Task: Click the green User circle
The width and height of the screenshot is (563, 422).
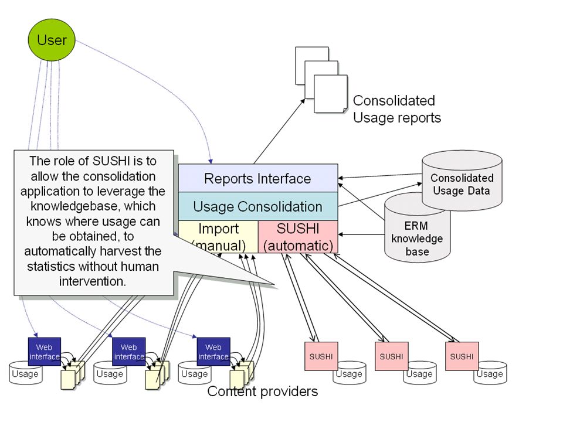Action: (x=52, y=40)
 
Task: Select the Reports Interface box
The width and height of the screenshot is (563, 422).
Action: (x=258, y=178)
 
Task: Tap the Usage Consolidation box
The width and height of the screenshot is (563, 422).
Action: (x=258, y=206)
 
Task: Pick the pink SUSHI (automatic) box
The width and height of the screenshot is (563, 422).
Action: (x=298, y=237)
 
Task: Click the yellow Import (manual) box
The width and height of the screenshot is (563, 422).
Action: (x=218, y=237)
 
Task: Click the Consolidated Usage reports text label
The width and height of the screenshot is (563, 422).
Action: (x=397, y=109)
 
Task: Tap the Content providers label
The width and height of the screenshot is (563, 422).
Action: (x=263, y=391)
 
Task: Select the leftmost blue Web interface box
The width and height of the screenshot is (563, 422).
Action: (x=45, y=352)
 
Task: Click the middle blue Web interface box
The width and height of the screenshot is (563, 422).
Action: (x=129, y=352)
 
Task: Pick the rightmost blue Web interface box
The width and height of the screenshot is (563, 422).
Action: (x=213, y=352)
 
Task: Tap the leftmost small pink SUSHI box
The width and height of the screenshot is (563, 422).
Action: (x=321, y=356)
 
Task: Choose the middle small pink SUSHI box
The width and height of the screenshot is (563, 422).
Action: (x=391, y=356)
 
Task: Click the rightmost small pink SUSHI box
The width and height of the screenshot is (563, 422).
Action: (x=462, y=356)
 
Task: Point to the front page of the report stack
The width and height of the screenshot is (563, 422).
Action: (x=331, y=94)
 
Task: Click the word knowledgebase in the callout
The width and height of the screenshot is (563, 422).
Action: (x=93, y=206)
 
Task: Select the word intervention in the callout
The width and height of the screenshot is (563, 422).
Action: (x=93, y=281)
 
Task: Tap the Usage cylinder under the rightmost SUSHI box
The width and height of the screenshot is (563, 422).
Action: (x=490, y=373)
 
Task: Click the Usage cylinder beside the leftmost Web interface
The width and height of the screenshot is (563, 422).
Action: (x=25, y=373)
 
